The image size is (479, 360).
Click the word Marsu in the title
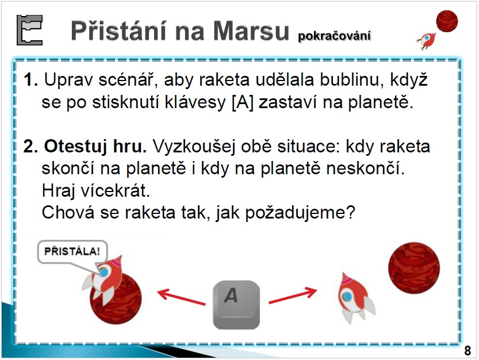[251, 30]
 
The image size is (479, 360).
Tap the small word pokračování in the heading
[334, 36]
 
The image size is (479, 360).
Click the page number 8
[467, 351]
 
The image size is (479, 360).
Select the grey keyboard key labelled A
[236, 305]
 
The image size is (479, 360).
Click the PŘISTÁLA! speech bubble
[72, 252]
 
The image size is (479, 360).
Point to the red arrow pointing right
[293, 295]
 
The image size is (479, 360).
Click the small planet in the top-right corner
[447, 21]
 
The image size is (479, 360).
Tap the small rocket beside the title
[426, 41]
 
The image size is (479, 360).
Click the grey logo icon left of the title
[29, 30]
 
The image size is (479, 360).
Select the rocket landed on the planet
[104, 280]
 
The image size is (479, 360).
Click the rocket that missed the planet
[355, 298]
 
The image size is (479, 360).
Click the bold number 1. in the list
[30, 80]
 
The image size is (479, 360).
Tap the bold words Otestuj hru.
[95, 147]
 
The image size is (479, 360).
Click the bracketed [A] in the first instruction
[243, 102]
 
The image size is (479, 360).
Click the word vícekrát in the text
[115, 191]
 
